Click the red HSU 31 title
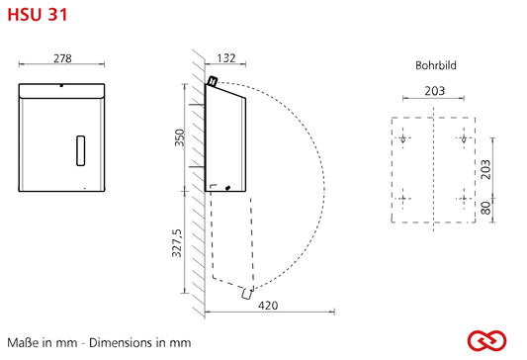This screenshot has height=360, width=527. [x=38, y=15]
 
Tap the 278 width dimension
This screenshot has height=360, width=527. [x=62, y=58]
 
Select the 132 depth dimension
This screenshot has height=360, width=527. [x=226, y=58]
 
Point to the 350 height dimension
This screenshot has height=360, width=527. [x=180, y=137]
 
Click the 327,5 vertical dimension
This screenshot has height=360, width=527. [x=177, y=242]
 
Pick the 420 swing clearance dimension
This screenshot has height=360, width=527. [x=268, y=306]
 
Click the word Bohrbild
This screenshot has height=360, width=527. [x=436, y=65]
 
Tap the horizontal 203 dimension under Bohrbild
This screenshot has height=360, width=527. [x=435, y=91]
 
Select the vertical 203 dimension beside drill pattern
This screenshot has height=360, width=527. [x=485, y=169]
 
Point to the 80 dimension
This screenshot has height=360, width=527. [x=485, y=208]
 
